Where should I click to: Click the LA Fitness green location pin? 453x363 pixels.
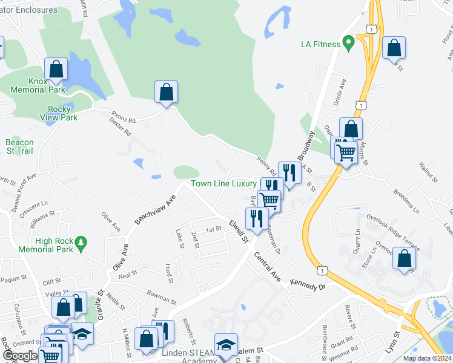coord(348,43)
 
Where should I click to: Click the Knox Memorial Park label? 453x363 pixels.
coord(38,85)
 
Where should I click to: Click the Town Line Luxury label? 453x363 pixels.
coord(224,183)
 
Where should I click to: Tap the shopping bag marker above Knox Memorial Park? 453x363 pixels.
coord(56,70)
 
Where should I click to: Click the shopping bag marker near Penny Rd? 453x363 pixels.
coord(166,93)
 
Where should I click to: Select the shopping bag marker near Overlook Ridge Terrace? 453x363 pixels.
coord(405,258)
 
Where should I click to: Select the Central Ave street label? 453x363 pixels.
coord(267,267)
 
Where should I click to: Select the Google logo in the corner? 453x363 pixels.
coord(19,356)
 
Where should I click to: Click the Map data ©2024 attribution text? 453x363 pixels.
coord(426,358)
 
